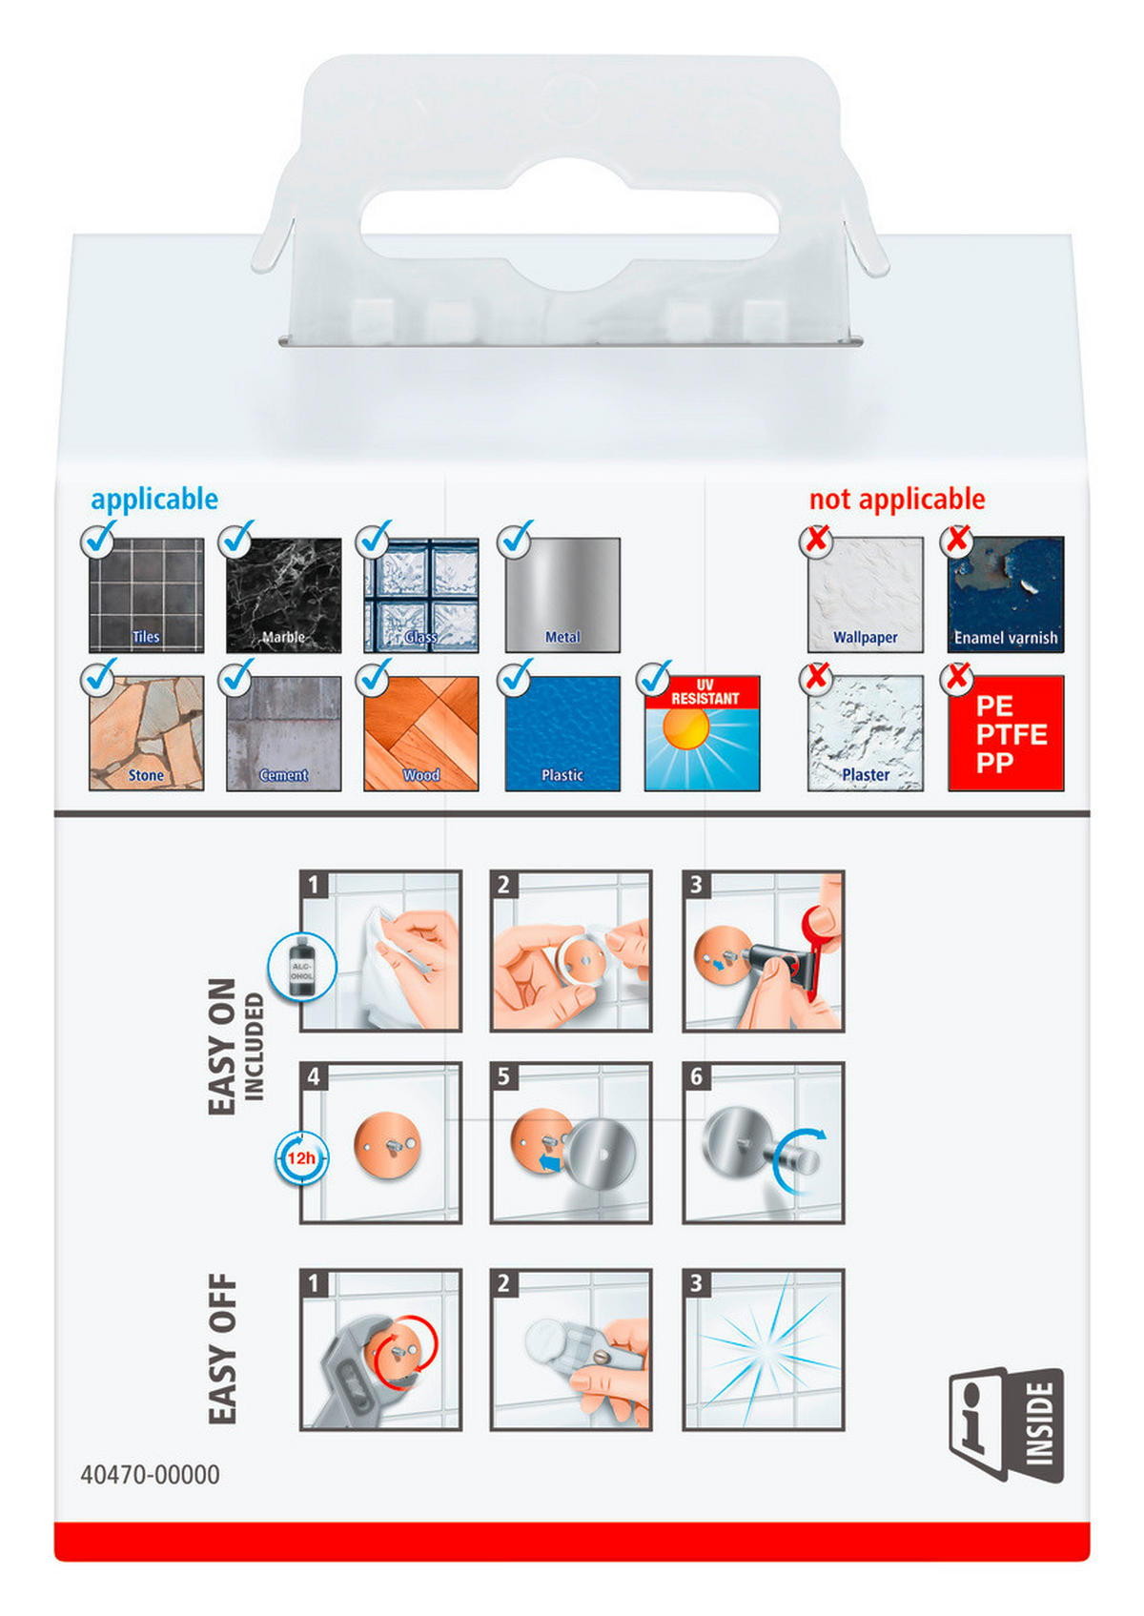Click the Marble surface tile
click(x=283, y=595)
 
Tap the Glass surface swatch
click(x=421, y=595)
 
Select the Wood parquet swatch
click(x=421, y=733)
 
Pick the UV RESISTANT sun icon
click(x=702, y=733)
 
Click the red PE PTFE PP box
click(x=1006, y=733)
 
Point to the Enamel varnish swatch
click(x=1006, y=595)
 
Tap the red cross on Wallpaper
click(x=816, y=539)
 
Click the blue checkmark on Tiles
click(x=99, y=538)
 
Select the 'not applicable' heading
click(x=896, y=499)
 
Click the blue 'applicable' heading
click(x=154, y=500)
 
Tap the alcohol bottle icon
click(x=302, y=967)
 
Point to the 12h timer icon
click(x=302, y=1157)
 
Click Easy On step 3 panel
click(x=764, y=951)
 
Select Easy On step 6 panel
click(x=764, y=1143)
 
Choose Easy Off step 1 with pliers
click(x=380, y=1349)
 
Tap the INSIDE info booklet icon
click(x=1006, y=1424)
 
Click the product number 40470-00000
click(x=150, y=1475)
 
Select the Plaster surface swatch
click(x=865, y=733)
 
